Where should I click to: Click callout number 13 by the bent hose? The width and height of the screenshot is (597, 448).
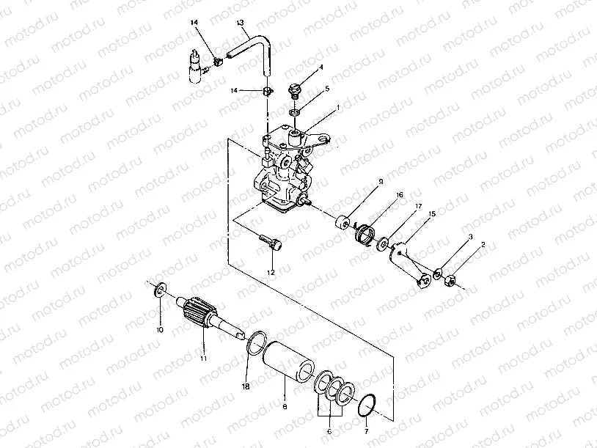coord(240,23)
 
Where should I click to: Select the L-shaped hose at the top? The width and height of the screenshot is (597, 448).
coord(257,44)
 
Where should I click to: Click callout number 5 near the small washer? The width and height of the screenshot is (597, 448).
coord(327,88)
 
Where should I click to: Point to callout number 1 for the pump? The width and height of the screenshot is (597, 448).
coord(337,107)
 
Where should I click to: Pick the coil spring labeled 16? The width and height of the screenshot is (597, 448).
coord(362,236)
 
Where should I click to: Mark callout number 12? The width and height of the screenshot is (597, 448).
coord(271,273)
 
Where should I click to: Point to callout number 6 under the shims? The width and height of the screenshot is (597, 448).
coord(329,431)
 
